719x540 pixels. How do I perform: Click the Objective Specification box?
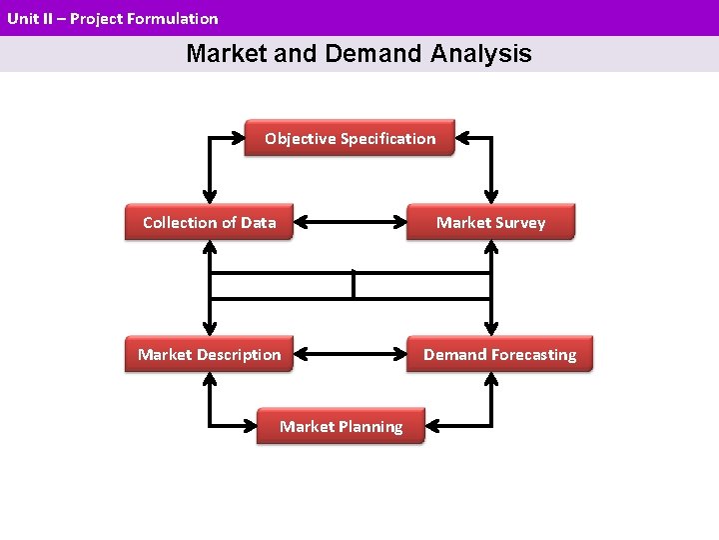coord(350,139)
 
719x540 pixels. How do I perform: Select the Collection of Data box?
coord(209,222)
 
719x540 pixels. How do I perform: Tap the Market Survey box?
coord(490,222)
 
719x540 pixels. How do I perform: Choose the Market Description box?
coord(209,354)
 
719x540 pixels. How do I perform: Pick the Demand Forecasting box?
coord(499,354)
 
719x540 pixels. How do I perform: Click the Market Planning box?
coord(341,426)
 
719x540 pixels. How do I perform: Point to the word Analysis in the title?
coord(481,54)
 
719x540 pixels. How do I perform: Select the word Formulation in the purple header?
coord(172,18)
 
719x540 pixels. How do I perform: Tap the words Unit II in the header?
coord(26,18)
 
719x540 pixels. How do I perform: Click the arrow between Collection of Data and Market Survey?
coord(351,222)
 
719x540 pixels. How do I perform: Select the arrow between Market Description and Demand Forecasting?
coord(351,354)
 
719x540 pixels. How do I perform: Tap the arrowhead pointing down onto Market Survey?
coord(490,197)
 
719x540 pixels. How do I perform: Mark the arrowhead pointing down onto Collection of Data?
coord(209,197)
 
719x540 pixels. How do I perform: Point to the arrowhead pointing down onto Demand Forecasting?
coord(490,329)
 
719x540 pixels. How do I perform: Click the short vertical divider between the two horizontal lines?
coord(354,285)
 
